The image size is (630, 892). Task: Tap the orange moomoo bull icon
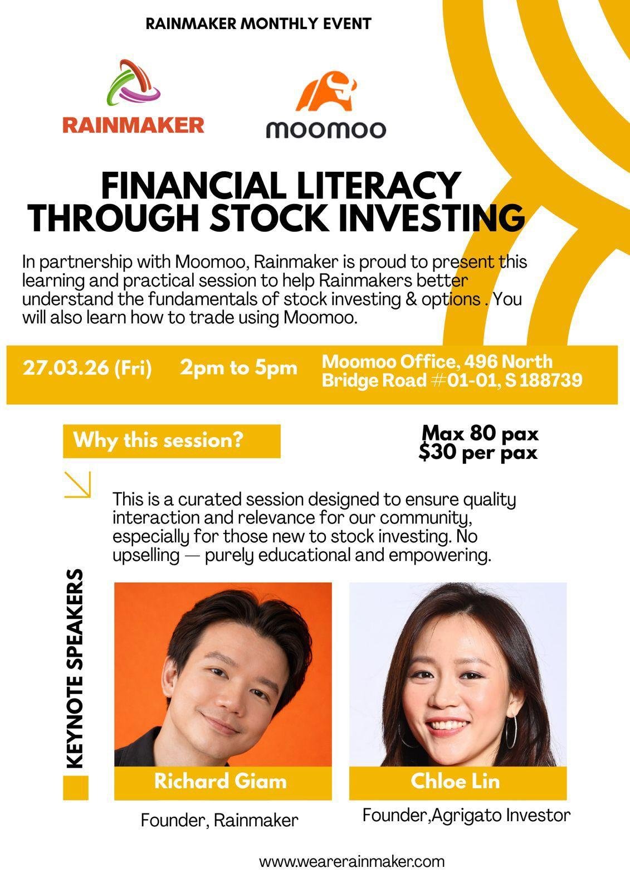[x=326, y=91]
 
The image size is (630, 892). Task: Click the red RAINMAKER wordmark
[x=133, y=125]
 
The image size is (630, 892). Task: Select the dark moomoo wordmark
[x=326, y=129]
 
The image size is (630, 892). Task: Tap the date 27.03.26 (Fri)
[x=87, y=368]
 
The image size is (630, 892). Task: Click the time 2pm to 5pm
[x=239, y=367]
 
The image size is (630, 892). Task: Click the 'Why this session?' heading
[x=158, y=440]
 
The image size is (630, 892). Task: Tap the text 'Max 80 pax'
[x=480, y=433]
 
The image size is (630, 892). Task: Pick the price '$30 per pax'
[x=478, y=452]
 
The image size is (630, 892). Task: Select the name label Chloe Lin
[x=455, y=781]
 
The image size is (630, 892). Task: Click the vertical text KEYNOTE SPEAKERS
[x=75, y=668]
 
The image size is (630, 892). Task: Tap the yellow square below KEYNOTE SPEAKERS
[x=76, y=787]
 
